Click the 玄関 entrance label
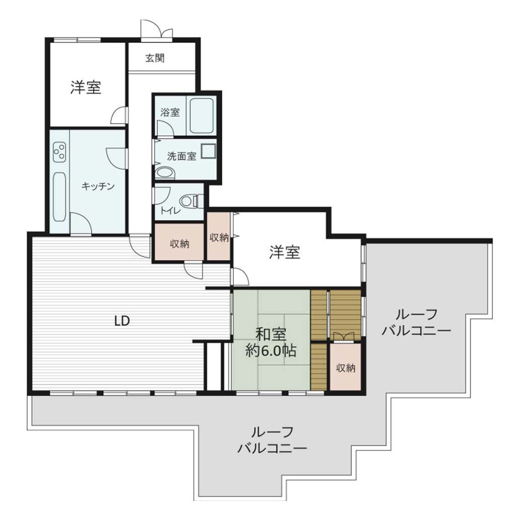pos(155,58)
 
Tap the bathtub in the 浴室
pos(202,115)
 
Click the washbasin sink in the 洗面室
pos(165,173)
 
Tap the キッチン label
pos(98,186)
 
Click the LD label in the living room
pos(122,320)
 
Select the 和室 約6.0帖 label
pos(271,343)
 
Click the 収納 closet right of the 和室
pos(346,367)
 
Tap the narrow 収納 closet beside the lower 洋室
pos(219,236)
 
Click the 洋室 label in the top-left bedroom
pos(86,87)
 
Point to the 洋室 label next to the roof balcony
pos(285,252)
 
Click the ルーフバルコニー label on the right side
pos(416,322)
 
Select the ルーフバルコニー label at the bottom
pos(272,440)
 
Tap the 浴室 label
pos(170,112)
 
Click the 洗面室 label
pos(181,156)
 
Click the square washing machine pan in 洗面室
pos(208,152)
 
